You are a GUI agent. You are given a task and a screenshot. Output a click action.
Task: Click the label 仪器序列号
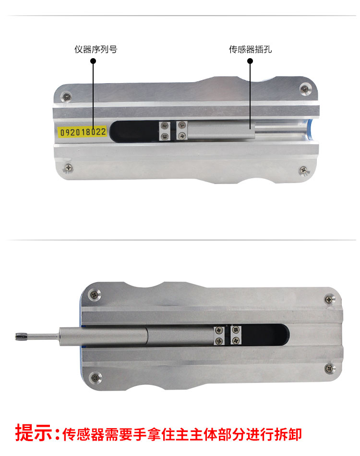click(96, 49)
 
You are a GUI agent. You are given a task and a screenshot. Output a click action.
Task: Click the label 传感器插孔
click(250, 49)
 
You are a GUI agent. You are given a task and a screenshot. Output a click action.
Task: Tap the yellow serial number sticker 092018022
click(83, 132)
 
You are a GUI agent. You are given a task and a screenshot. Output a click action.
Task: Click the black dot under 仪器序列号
click(93, 61)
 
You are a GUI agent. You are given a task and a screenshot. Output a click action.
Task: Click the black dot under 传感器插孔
click(250, 61)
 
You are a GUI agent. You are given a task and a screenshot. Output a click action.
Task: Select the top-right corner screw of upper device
click(304, 88)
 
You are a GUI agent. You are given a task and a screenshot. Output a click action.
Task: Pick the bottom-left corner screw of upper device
click(69, 168)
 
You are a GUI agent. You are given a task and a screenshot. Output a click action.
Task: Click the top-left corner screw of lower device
click(95, 295)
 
